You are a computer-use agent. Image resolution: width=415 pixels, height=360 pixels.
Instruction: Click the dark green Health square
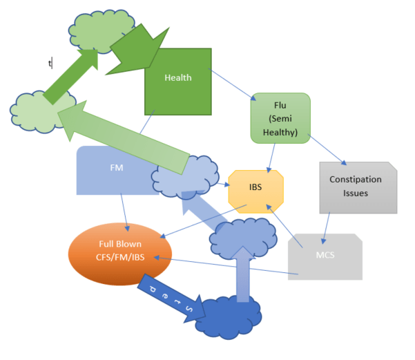[177, 90]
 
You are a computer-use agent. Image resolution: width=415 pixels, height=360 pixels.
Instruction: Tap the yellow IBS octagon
[255, 187]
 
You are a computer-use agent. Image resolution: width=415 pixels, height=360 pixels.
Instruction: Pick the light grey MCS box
[325, 256]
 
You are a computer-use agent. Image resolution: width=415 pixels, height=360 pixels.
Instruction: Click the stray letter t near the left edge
[50, 64]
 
